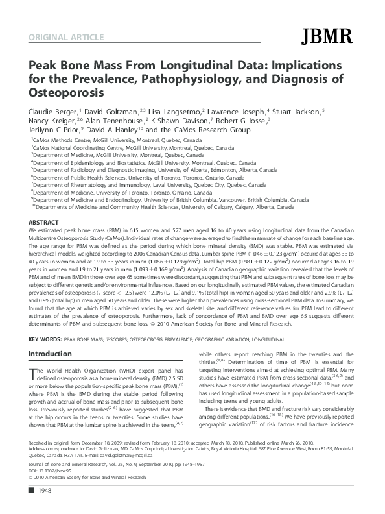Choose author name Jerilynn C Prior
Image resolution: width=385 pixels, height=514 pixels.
(x=53, y=130)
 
